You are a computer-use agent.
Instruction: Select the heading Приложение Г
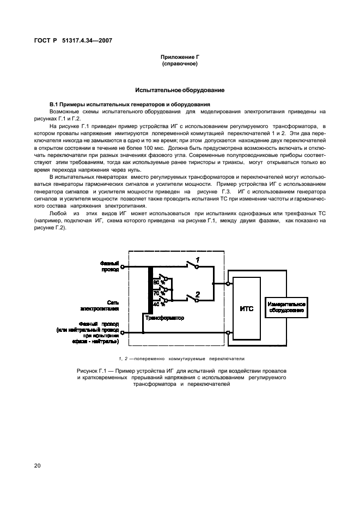coord(179,57)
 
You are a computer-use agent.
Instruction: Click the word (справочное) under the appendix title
coord(179,64)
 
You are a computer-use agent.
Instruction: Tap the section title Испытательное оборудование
coord(180,90)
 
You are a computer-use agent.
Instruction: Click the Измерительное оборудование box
coord(286,308)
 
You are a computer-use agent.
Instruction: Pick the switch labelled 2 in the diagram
coord(191,297)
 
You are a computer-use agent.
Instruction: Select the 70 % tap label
coord(158,293)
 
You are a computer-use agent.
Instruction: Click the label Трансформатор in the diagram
coord(164,317)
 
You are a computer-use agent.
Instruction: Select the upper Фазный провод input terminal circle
coord(122,268)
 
